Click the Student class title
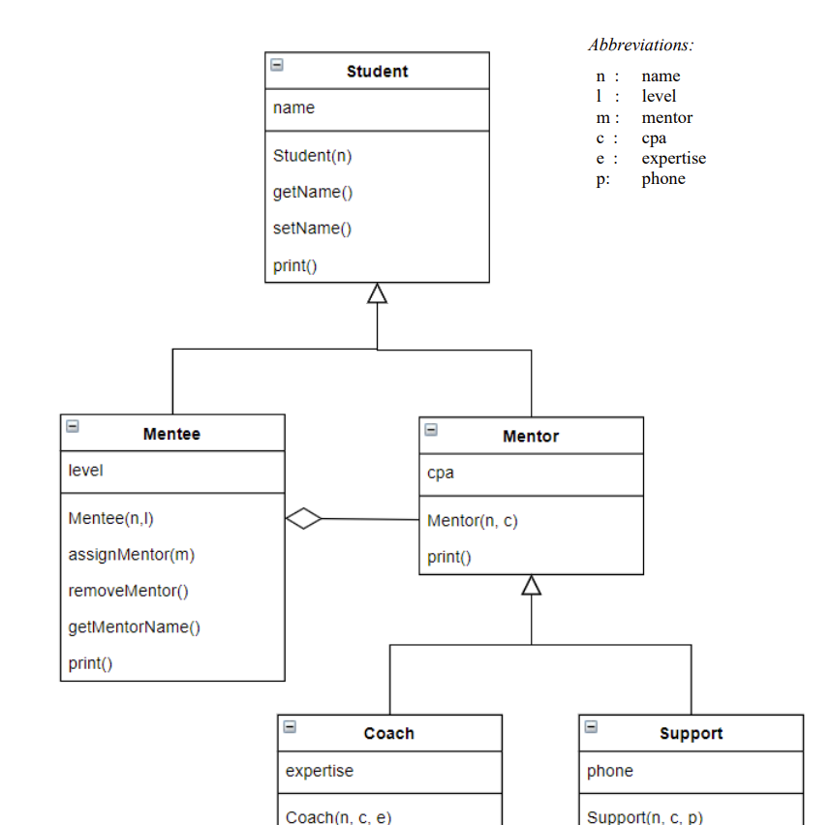tap(377, 72)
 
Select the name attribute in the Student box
tap(293, 108)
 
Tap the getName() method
tap(313, 192)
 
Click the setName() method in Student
tap(312, 229)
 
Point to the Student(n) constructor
tap(312, 156)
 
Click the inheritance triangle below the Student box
tap(377, 293)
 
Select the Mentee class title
tap(171, 434)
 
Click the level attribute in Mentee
tap(85, 471)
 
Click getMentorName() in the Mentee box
tap(134, 627)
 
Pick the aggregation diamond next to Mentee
tap(304, 519)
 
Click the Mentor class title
tap(530, 437)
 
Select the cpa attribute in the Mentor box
tap(440, 474)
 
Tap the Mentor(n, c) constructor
tap(472, 521)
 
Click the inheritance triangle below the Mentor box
tap(531, 586)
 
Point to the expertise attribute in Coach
tap(319, 772)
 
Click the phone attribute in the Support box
tap(609, 772)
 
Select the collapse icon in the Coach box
tap(290, 727)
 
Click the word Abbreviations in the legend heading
tap(640, 45)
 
